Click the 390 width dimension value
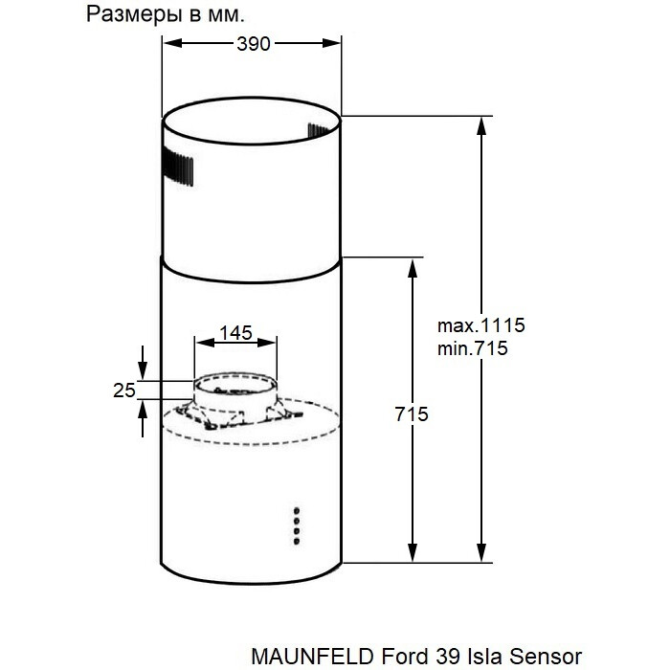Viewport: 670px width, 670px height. [x=252, y=44]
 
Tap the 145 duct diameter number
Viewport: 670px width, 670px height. [x=235, y=333]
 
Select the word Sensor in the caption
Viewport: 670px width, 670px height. [x=547, y=656]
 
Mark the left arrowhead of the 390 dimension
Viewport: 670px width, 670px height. [x=168, y=43]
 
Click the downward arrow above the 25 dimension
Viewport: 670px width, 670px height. [x=143, y=369]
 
